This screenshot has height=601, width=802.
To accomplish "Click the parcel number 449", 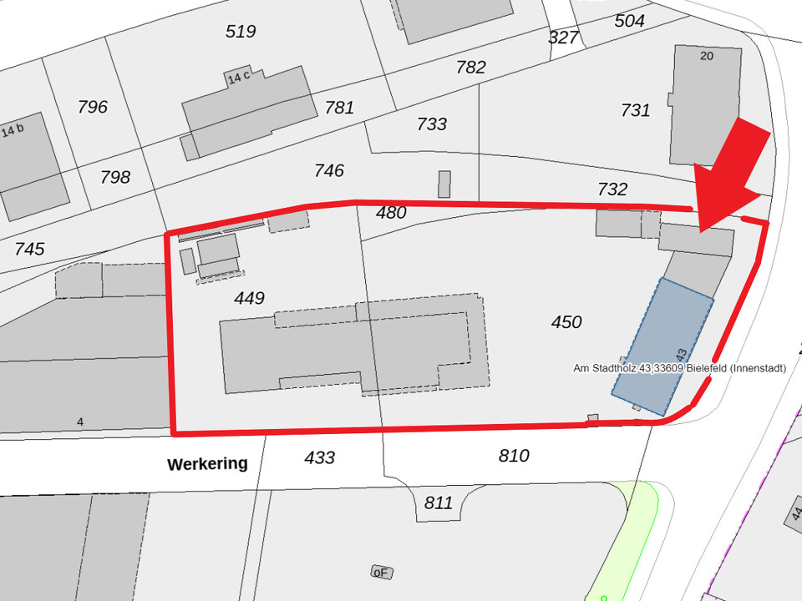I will (249, 298).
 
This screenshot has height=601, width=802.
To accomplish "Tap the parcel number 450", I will (566, 322).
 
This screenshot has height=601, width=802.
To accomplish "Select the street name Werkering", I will (207, 463).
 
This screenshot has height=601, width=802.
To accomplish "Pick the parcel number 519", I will (241, 32).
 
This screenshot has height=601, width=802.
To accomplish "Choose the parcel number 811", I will (438, 503).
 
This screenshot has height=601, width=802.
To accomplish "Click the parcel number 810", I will (514, 456).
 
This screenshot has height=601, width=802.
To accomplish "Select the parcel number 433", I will (320, 457).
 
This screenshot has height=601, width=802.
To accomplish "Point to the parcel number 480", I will (391, 213).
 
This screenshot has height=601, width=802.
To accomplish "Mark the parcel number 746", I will (329, 171).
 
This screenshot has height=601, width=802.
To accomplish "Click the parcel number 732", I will (612, 189).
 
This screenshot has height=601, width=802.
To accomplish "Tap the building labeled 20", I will (706, 104).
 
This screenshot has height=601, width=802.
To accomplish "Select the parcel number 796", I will (93, 107).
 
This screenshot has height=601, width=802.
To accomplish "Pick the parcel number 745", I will (29, 249).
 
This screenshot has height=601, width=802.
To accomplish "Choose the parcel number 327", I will (564, 38).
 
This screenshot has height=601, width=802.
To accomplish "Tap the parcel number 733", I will (432, 124).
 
